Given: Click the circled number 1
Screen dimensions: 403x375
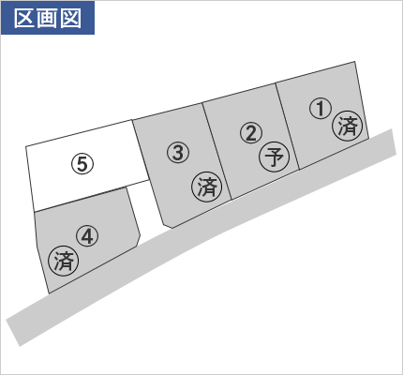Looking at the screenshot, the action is point(321,109).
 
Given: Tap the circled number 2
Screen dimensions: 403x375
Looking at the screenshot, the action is point(251,133).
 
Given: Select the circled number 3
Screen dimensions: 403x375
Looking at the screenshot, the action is point(178,153).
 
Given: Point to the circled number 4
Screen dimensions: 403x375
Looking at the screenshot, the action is point(87,236).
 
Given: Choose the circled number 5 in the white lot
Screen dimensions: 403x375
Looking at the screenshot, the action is point(82,164).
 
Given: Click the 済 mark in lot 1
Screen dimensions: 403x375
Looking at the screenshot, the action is point(348,126).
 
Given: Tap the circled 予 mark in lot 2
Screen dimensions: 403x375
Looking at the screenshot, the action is point(275,157).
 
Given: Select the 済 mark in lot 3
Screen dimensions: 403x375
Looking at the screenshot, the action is point(207,187).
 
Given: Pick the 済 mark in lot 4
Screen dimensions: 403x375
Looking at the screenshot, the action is point(64,261).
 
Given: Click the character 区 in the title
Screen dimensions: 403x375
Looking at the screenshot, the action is point(24,18).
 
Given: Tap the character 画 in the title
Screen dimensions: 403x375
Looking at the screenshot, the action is point(48,18).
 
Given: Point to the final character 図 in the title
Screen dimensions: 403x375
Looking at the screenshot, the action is point(71,18).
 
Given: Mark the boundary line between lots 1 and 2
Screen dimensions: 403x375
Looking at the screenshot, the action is point(288,127).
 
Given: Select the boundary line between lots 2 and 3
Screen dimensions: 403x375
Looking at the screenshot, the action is point(216,151).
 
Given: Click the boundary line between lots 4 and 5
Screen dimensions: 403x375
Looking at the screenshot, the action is point(81,199).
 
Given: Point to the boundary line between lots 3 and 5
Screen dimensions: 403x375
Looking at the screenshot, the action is point(141,150).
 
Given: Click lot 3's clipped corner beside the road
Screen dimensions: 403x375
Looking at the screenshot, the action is point(168,226).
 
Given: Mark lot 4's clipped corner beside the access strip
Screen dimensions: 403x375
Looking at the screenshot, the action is point(138,240).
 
